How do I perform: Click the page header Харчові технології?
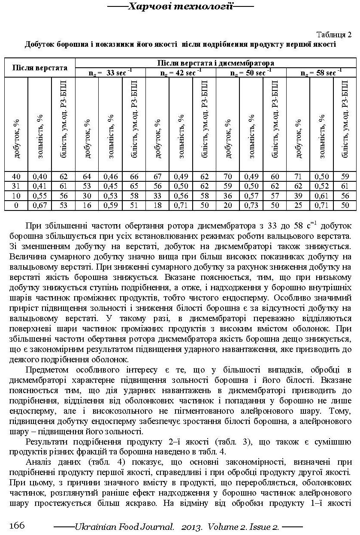point(180,6)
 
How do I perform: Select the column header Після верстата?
point(40,68)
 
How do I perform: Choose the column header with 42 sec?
point(181,73)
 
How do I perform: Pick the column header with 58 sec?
point(321,73)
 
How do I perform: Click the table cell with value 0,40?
point(39,176)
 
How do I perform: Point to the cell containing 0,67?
point(39,205)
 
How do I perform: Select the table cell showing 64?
point(87,176)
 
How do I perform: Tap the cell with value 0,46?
point(110,176)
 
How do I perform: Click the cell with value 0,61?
point(322,196)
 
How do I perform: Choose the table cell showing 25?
point(298,205)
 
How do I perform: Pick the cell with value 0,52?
point(322,186)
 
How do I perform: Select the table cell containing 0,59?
point(110,205)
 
